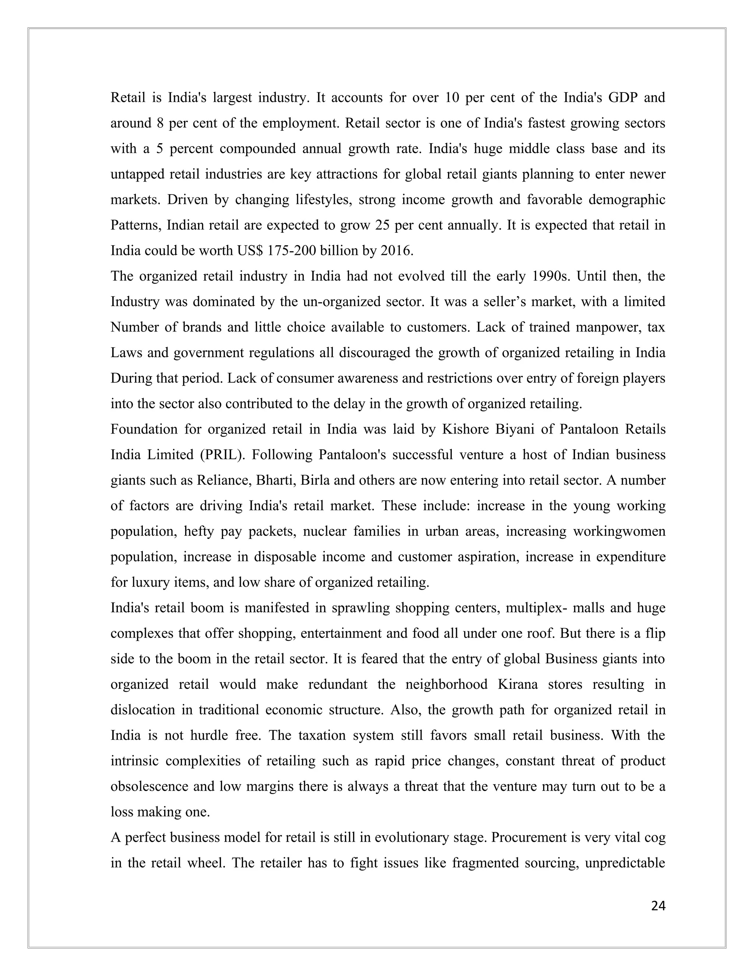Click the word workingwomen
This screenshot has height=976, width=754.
pyautogui.click(x=619, y=531)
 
